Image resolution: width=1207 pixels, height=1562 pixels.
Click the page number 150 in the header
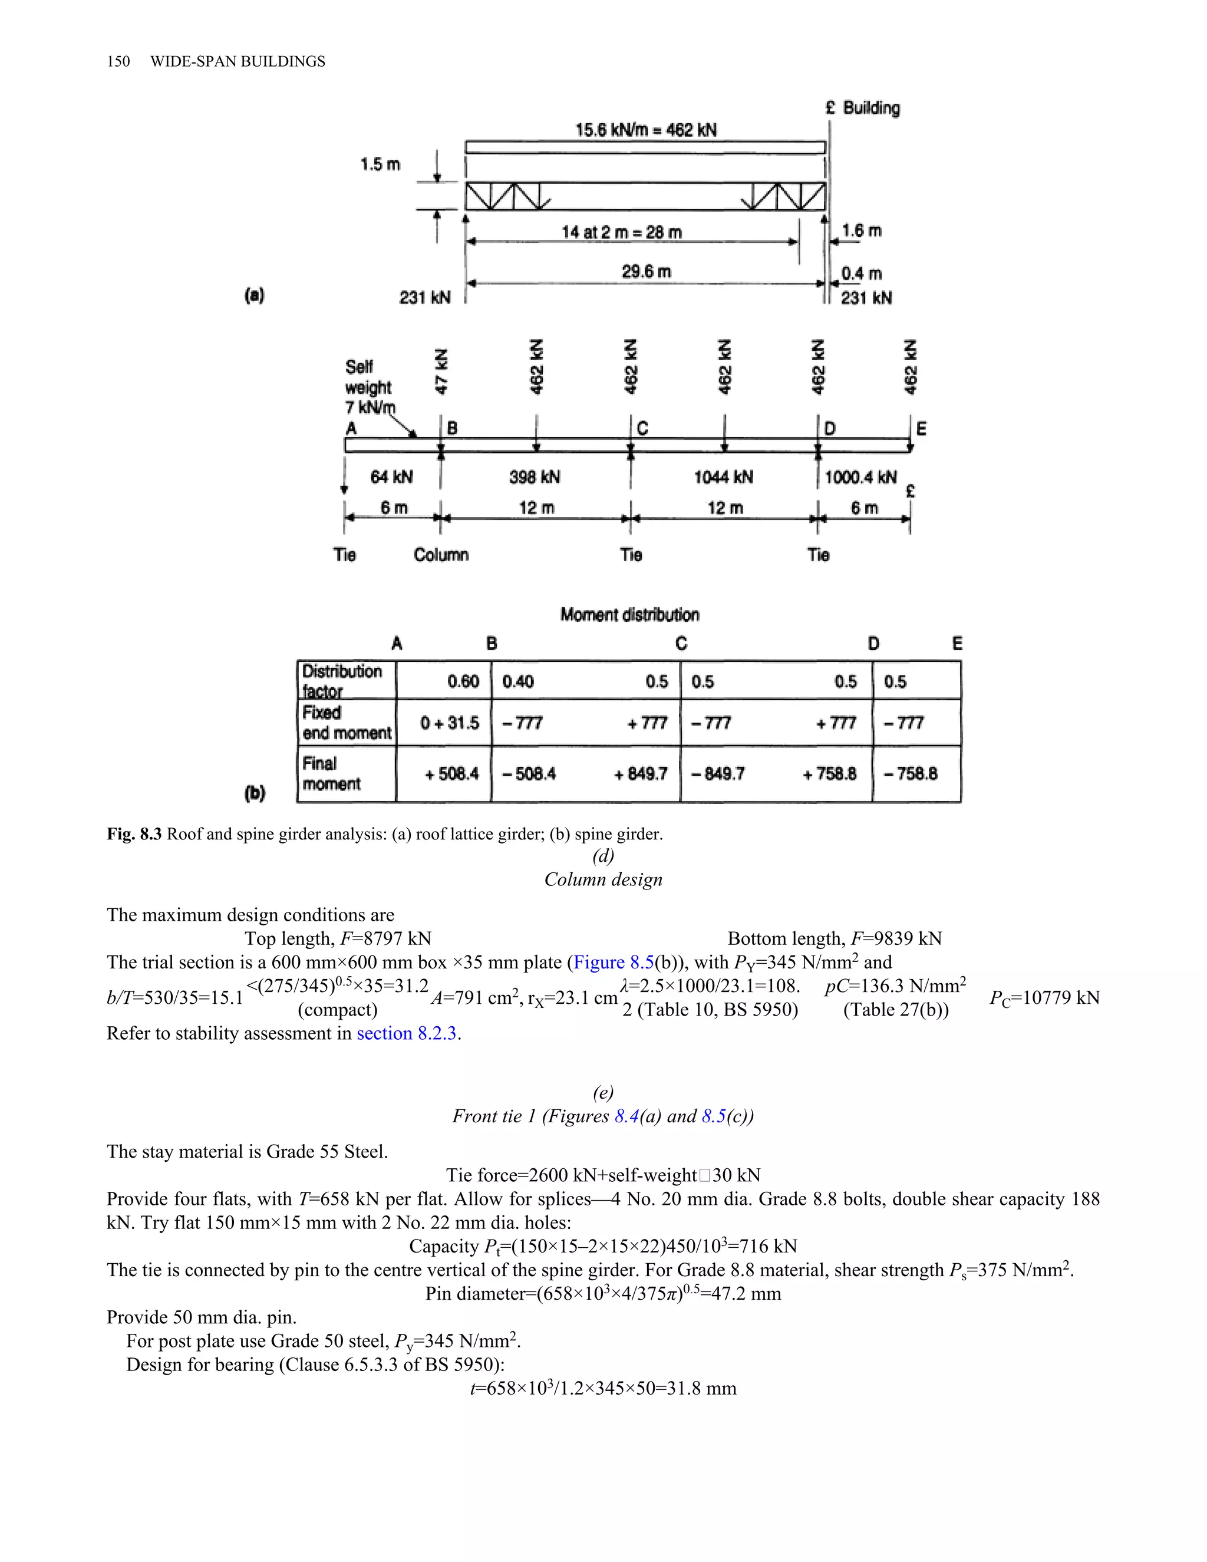[118, 61]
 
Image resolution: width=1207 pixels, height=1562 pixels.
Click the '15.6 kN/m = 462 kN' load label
[646, 130]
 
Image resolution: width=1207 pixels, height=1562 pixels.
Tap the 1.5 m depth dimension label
[380, 164]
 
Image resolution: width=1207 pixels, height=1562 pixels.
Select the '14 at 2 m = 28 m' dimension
[621, 232]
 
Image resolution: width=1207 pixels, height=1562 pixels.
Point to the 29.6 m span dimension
[646, 271]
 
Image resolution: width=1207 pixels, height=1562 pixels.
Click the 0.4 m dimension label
[861, 273]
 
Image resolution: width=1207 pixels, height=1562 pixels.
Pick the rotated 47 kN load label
[441, 371]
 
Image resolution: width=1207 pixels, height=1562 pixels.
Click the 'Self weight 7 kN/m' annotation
[369, 387]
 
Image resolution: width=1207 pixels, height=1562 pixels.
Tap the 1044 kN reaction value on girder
[723, 477]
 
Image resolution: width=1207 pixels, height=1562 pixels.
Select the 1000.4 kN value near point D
[860, 477]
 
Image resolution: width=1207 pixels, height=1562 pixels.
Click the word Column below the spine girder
[441, 555]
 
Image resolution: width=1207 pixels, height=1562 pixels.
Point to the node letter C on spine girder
[642, 429]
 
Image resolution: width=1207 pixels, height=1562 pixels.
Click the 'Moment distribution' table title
[629, 614]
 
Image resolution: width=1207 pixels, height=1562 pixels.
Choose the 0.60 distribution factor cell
[463, 681]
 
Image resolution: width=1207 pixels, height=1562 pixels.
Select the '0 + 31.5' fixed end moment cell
[450, 723]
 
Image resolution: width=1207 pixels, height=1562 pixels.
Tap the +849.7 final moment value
[640, 774]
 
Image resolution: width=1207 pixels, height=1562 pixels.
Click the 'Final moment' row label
[331, 774]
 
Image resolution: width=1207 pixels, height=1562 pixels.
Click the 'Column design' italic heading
[603, 879]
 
